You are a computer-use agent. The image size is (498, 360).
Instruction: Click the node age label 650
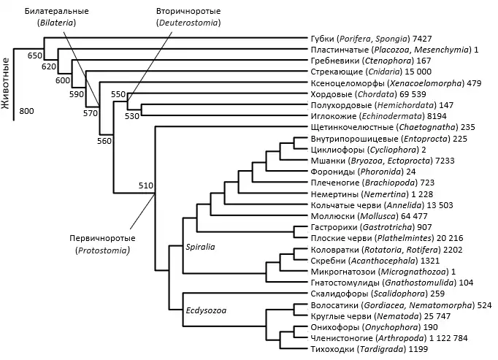point(35,55)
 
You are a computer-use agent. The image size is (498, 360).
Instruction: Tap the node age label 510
point(145,185)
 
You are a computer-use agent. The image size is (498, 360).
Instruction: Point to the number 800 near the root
point(27,111)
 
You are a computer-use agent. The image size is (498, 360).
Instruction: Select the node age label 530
point(131,115)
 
